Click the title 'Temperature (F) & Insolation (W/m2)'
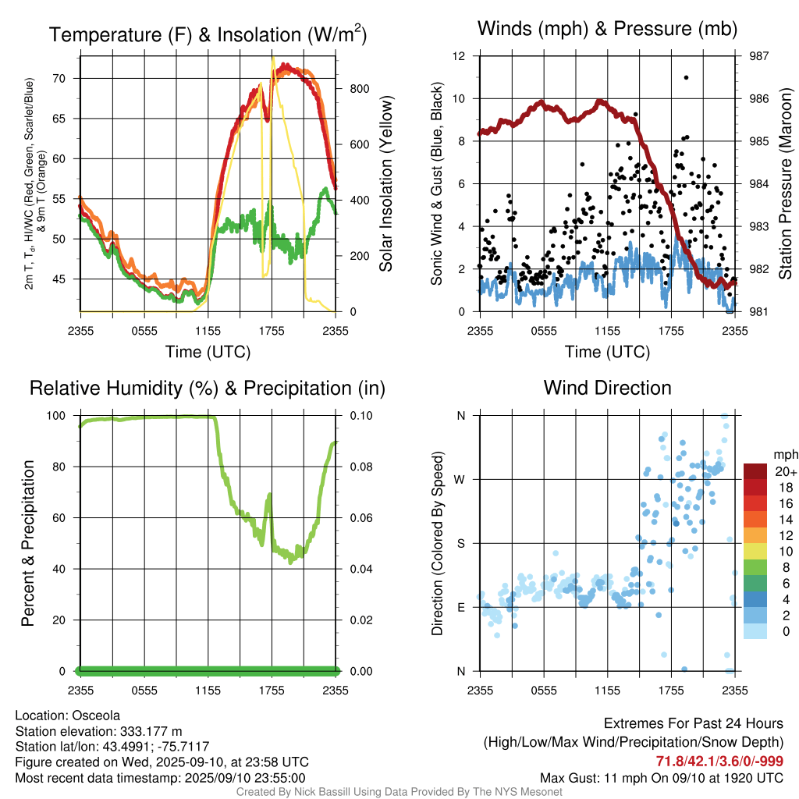[208, 35]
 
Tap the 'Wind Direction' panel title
[607, 388]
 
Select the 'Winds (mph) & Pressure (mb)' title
[607, 30]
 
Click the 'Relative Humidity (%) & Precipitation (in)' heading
[208, 388]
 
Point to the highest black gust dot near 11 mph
[686, 77]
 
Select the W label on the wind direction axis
[460, 479]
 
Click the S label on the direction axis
[461, 543]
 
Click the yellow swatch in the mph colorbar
[755, 551]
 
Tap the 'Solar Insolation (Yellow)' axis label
[385, 184]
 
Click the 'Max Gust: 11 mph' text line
[662, 778]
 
